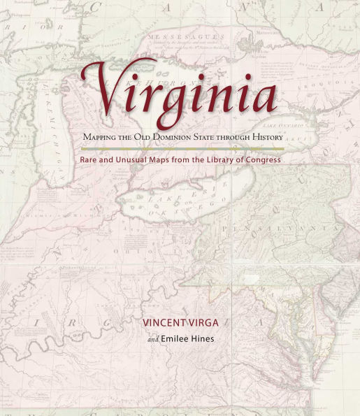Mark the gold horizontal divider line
(182, 149)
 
